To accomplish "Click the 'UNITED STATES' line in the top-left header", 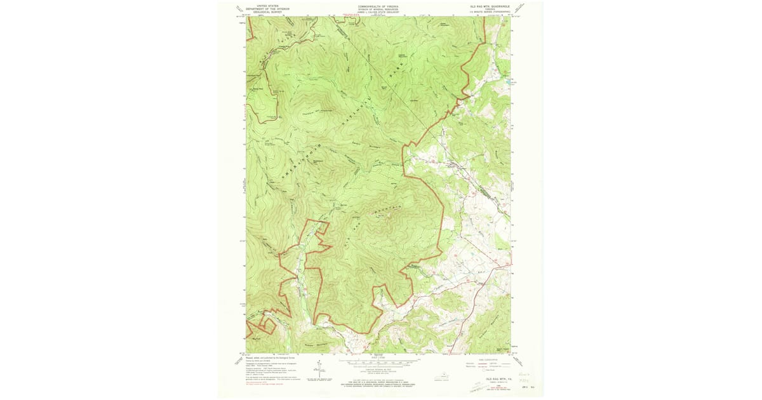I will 267,4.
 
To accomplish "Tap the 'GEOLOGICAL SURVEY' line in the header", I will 267,11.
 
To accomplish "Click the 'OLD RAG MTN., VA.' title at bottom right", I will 493,378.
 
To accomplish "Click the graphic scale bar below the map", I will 378,361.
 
